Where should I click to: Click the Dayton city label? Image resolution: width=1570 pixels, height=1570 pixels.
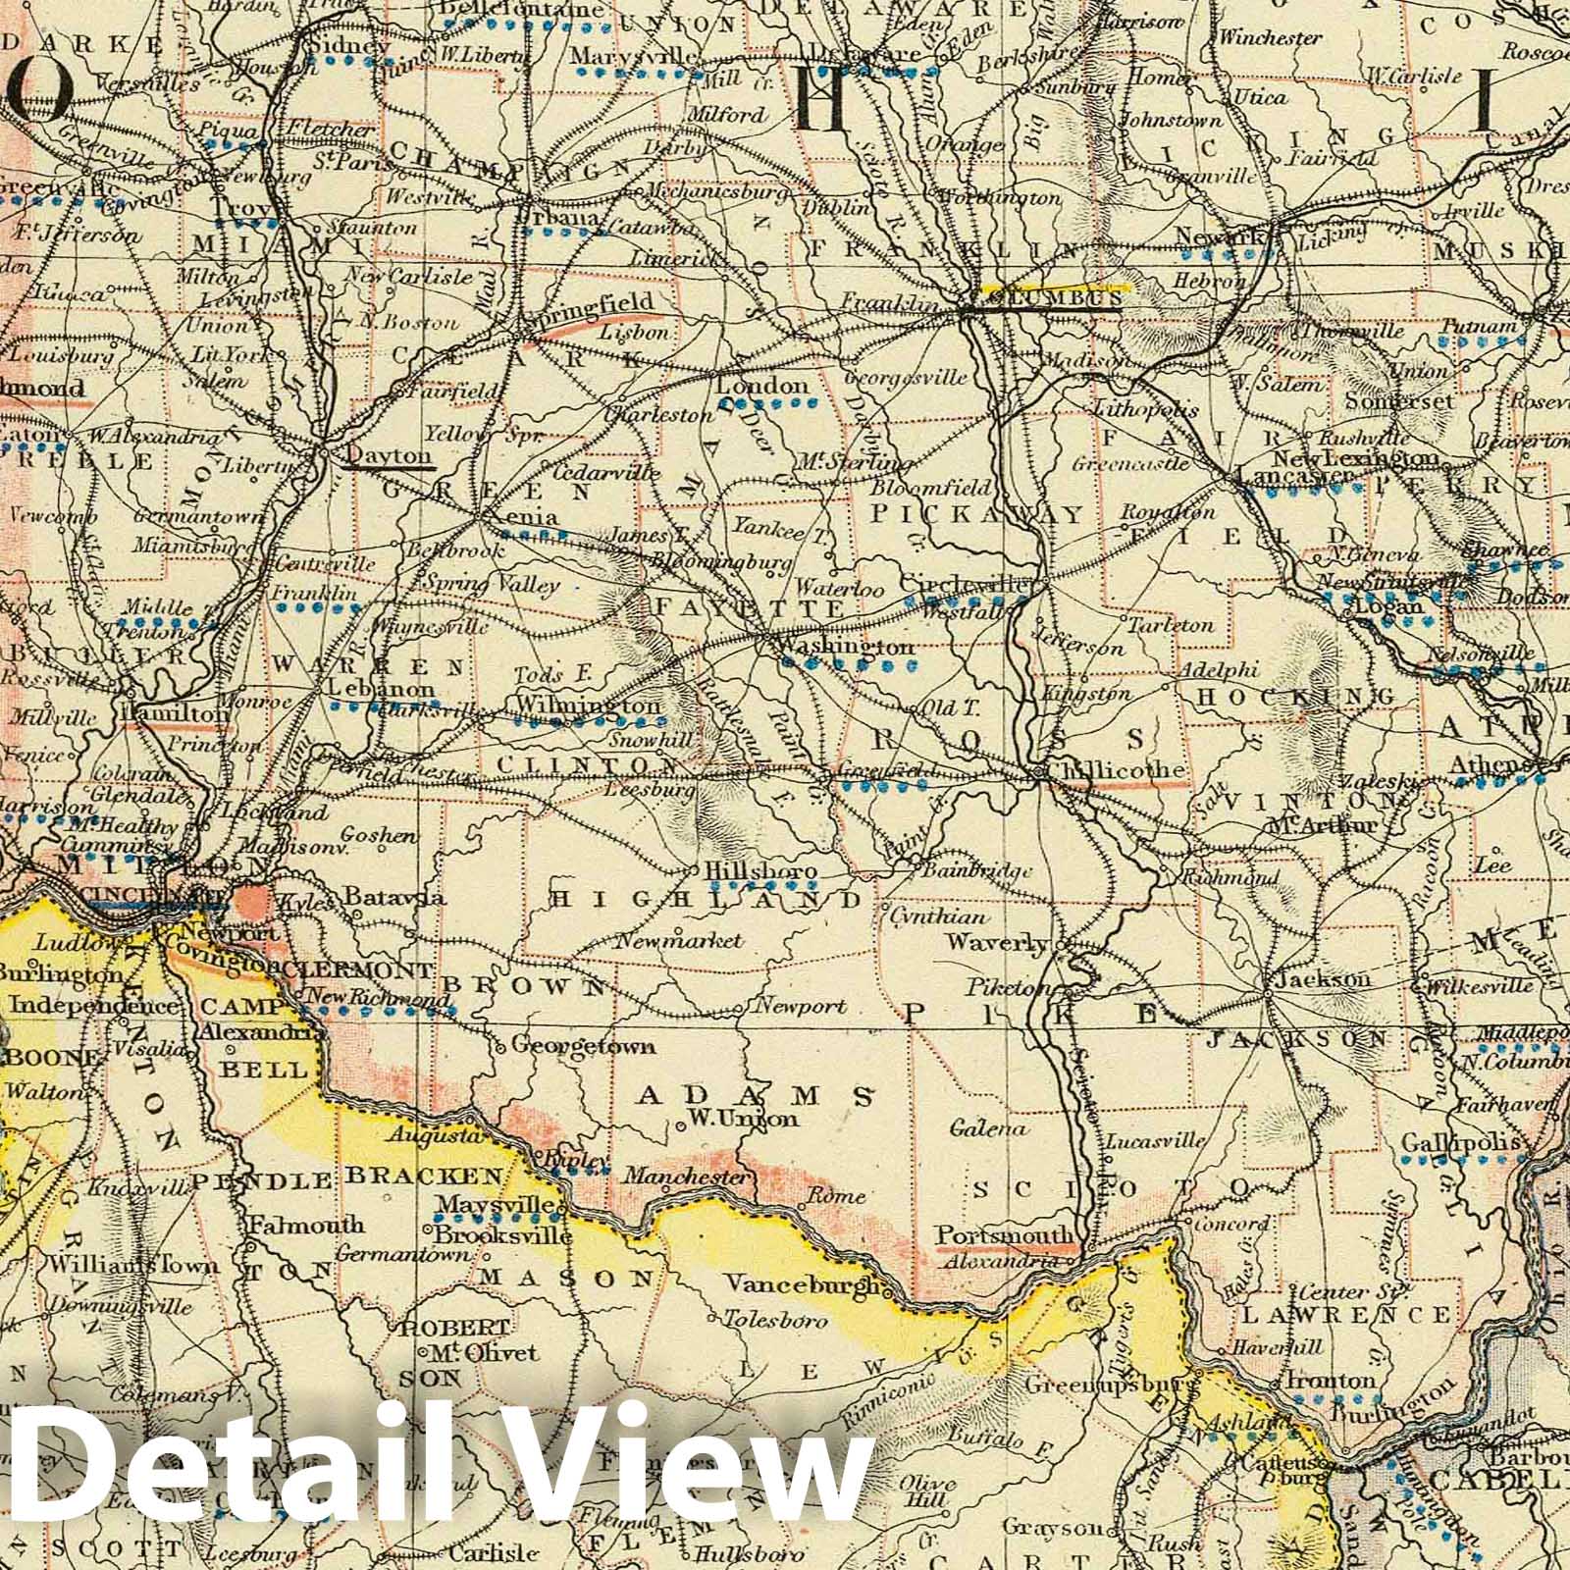[390, 456]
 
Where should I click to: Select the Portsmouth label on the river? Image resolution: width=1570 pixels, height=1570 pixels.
[1000, 1233]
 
